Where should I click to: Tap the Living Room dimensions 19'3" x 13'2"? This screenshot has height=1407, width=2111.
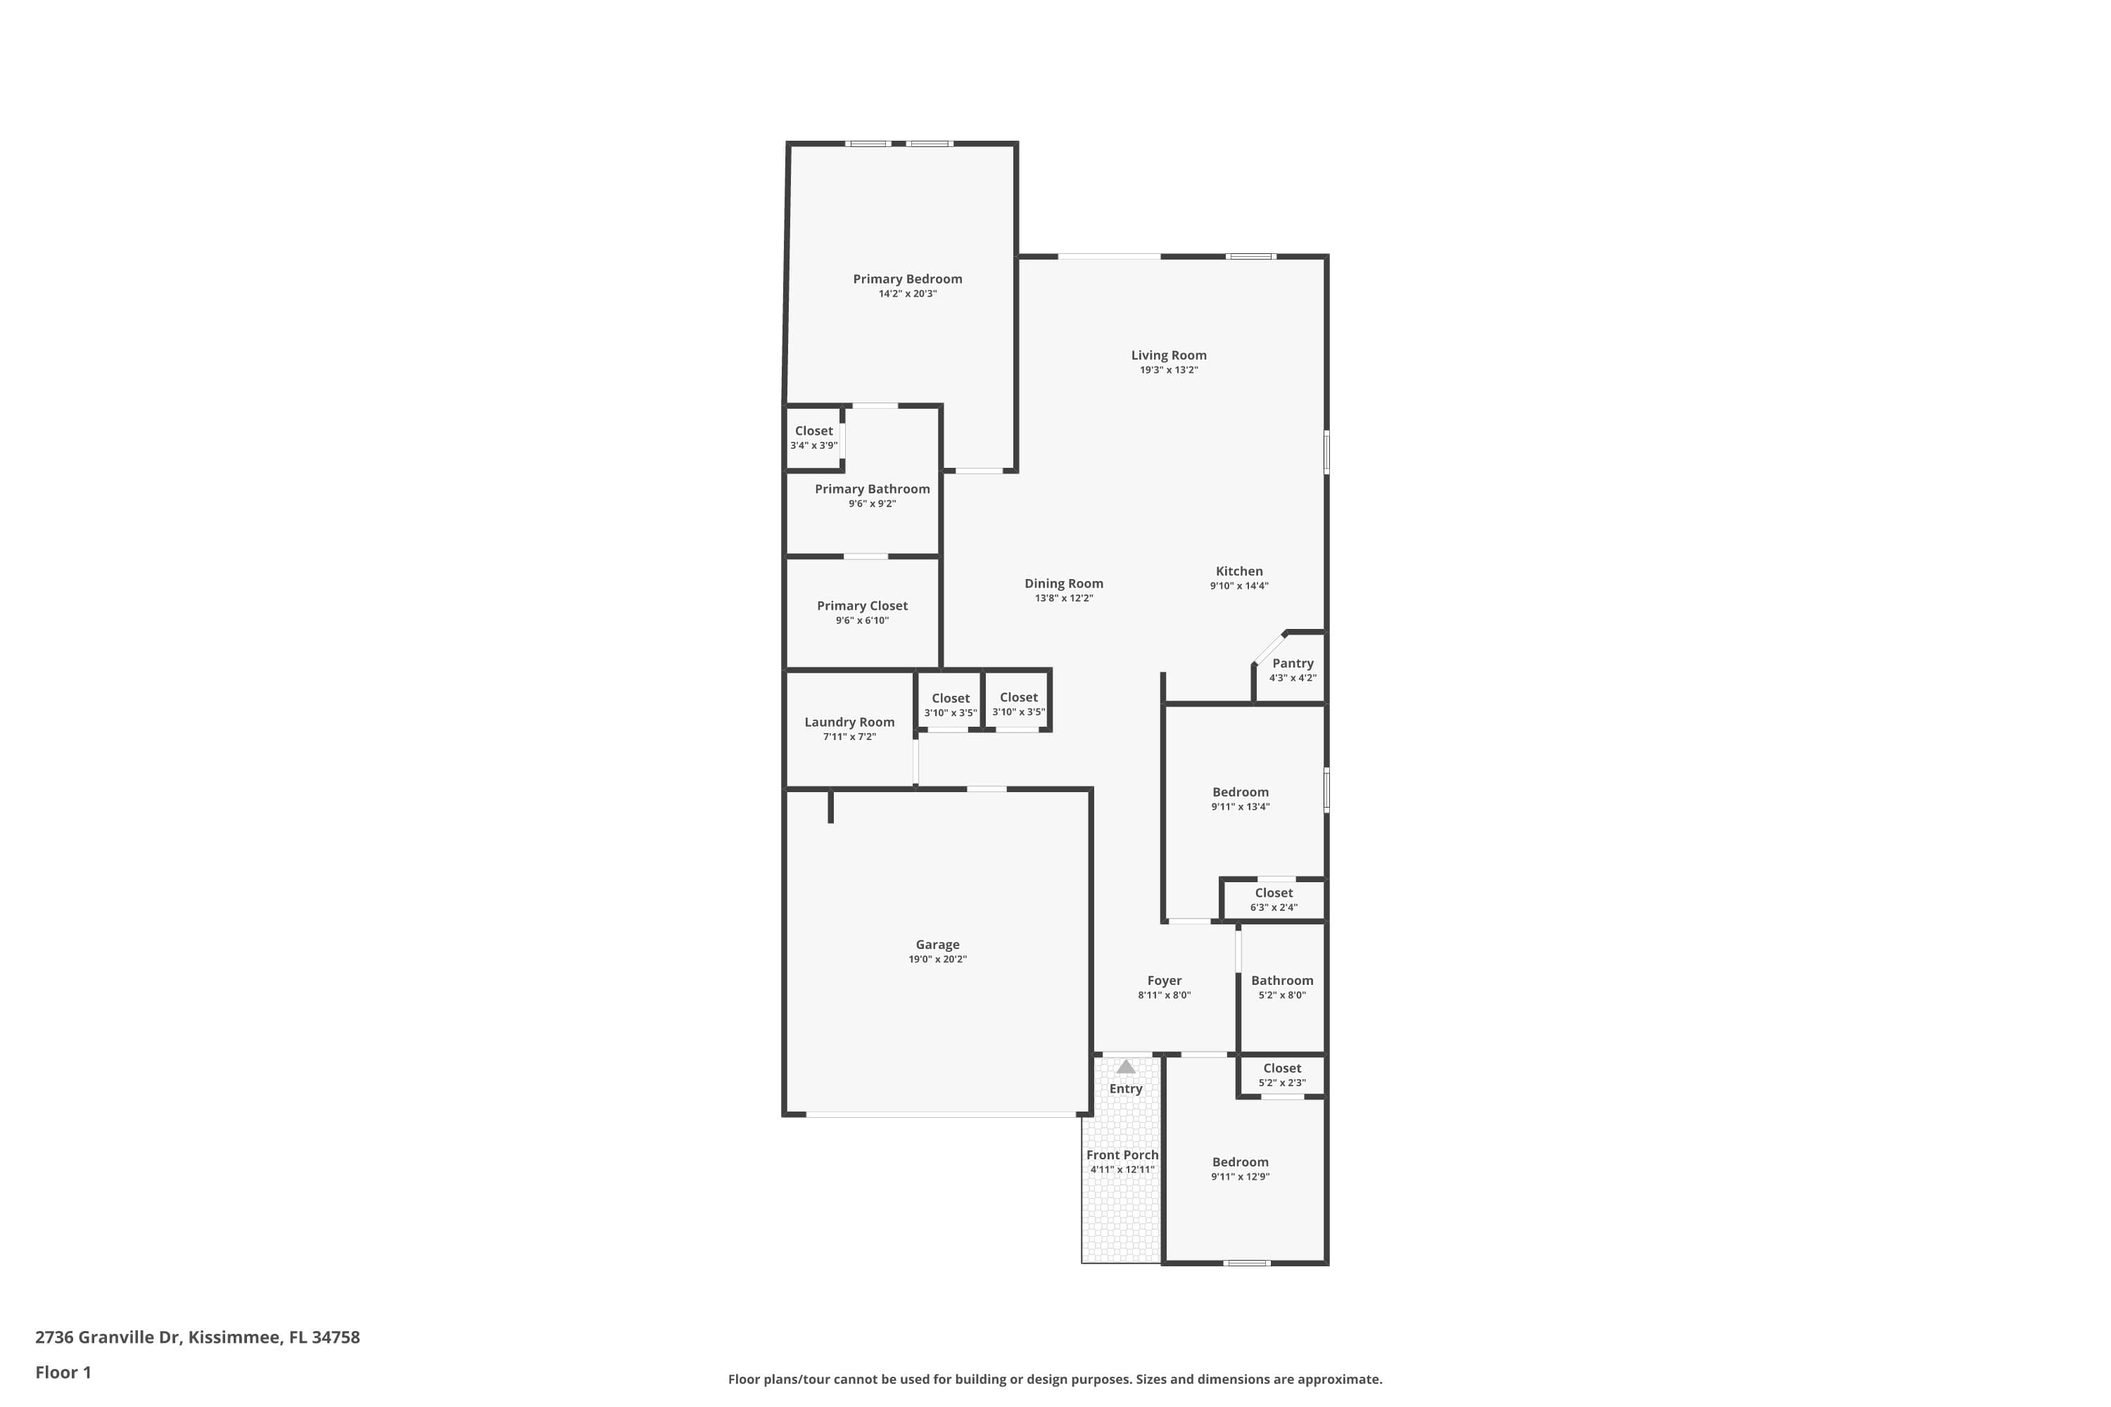coord(1169,370)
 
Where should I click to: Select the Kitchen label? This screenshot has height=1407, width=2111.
coord(1238,571)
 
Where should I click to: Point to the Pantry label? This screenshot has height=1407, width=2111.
coord(1293,663)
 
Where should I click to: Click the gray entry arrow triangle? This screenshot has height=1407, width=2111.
coord(1125,1067)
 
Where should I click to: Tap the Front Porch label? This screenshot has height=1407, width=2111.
coord(1122,1155)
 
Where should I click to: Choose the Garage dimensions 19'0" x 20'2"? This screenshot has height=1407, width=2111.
coord(937,960)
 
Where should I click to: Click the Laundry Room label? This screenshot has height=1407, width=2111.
coord(849,722)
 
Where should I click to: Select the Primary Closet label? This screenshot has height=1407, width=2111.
coord(861,606)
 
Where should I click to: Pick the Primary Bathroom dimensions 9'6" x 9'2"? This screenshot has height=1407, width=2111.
coord(872,504)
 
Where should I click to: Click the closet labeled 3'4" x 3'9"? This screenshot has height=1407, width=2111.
coord(813,438)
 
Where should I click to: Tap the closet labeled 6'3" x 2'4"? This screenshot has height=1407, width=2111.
coord(1274,899)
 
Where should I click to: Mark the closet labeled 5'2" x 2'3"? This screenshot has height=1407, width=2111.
coord(1281,1075)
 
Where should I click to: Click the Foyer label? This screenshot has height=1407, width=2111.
coord(1164,981)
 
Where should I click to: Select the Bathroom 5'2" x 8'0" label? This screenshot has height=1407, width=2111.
coord(1281,981)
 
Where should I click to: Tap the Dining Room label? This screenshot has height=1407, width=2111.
coord(1063,583)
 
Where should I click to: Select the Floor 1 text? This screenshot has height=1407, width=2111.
coord(63,1372)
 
